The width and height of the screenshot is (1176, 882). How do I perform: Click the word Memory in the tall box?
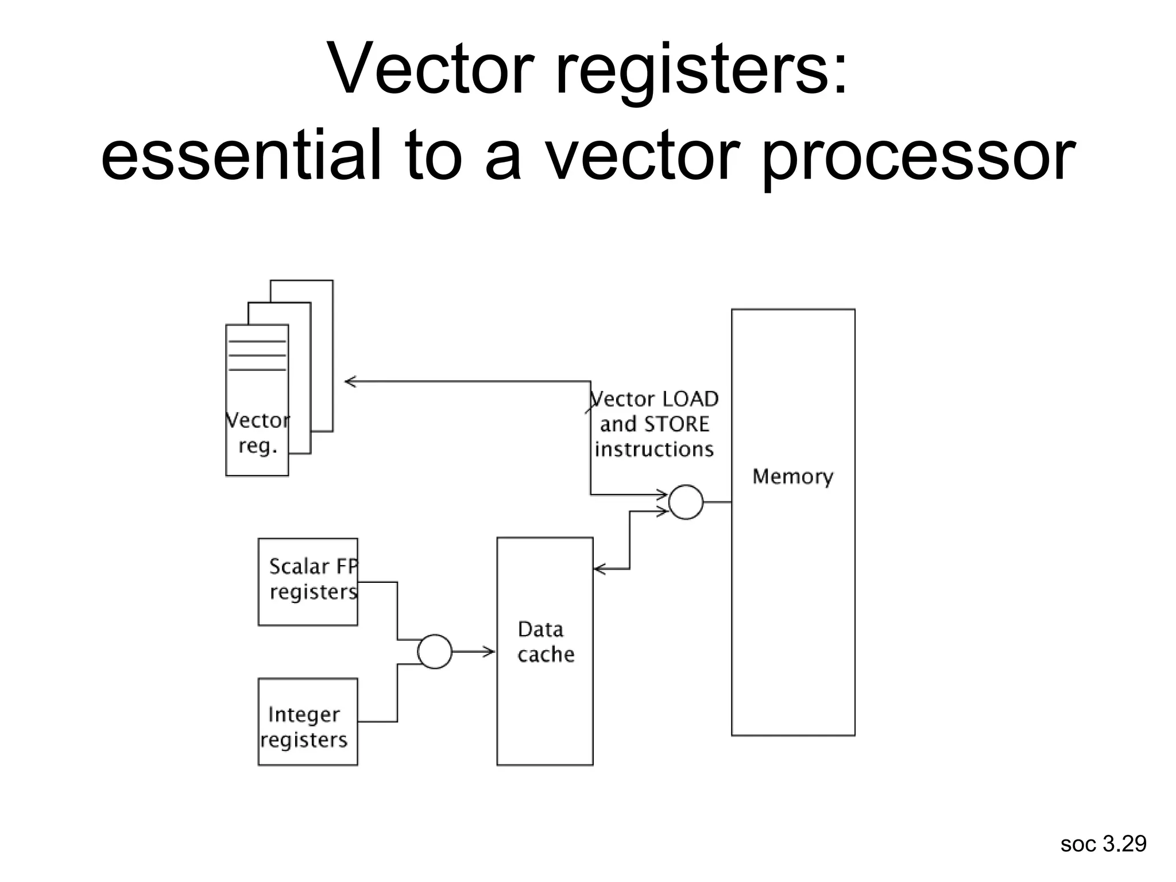[792, 477]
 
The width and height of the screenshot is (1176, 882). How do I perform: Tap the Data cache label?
[545, 642]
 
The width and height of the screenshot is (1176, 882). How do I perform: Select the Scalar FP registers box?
[308, 581]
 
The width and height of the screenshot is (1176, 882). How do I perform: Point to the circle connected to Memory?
[686, 502]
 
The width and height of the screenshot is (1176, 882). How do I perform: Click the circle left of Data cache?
[434, 651]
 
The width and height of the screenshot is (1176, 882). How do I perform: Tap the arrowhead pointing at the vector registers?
[349, 381]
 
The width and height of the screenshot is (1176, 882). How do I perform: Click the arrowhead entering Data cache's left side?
[490, 651]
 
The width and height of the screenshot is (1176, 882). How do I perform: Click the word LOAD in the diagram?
[690, 399]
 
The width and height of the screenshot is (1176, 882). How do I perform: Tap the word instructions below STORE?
[654, 449]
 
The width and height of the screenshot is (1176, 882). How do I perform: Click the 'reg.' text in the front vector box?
[258, 446]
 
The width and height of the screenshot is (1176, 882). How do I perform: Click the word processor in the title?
[918, 155]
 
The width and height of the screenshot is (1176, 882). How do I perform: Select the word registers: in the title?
[701, 70]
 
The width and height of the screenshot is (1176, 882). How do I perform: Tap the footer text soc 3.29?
[1103, 844]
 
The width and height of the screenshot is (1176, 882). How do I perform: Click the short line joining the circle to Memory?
[717, 502]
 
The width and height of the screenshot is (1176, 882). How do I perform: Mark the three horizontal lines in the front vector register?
[257, 355]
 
